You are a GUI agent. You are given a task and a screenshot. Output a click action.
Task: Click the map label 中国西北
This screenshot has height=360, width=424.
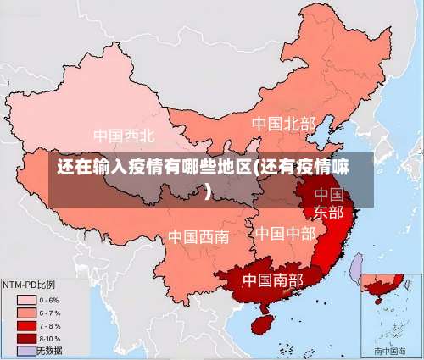[x=124, y=135]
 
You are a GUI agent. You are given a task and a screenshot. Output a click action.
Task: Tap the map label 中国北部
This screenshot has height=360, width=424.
[x=283, y=124]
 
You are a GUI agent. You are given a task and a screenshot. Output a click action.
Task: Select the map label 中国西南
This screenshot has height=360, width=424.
[x=198, y=236]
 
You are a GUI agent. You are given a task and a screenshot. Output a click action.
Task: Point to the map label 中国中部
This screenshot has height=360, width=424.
[x=285, y=232]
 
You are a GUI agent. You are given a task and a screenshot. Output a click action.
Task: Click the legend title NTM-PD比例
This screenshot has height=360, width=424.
[x=29, y=285]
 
